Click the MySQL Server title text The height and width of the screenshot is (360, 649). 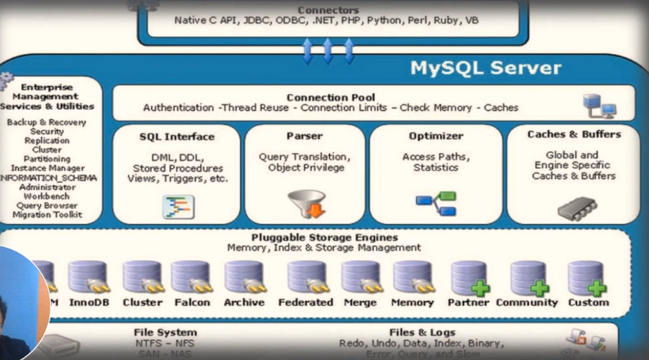click(485, 68)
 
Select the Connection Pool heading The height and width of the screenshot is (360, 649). click(331, 97)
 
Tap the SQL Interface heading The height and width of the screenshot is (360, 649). click(177, 136)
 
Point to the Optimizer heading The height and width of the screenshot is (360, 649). click(436, 136)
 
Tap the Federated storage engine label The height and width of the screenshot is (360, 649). click(305, 303)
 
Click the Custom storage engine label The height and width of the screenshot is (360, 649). click(588, 303)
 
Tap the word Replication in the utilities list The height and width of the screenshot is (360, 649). click(47, 141)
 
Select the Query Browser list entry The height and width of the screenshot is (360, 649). click(47, 206)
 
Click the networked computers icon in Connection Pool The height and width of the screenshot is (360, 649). click(599, 106)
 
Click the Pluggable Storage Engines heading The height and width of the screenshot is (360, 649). click(324, 237)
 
